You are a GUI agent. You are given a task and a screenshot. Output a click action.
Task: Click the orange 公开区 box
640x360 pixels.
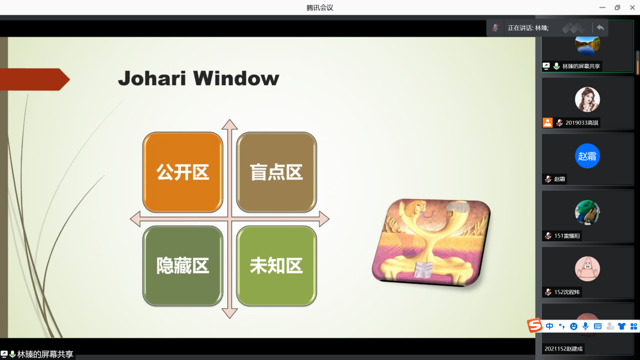click(x=182, y=172)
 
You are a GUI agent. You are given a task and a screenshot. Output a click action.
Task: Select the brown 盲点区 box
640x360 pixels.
click(x=276, y=172)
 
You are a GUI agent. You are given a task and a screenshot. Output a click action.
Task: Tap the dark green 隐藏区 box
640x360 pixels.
click(x=182, y=266)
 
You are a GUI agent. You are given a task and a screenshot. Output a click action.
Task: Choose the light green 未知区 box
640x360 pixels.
click(x=276, y=266)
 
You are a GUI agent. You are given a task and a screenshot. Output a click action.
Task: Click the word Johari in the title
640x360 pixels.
click(x=152, y=78)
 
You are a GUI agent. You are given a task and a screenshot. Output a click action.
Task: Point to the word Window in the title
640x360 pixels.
click(x=236, y=78)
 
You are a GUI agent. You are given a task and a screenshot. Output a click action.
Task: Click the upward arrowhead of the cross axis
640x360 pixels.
click(x=229, y=125)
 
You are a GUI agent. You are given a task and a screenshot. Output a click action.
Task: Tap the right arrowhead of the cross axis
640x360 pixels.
click(x=324, y=219)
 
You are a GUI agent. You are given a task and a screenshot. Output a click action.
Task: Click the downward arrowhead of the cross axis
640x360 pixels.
click(x=229, y=314)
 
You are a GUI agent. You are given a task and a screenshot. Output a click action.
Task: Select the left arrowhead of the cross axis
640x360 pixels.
click(x=135, y=219)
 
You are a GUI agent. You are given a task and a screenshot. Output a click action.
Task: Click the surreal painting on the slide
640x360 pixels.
click(x=431, y=242)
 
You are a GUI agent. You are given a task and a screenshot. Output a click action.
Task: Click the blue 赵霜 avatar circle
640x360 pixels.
click(x=587, y=156)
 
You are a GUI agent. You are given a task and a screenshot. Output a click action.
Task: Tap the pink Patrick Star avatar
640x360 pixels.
click(x=587, y=269)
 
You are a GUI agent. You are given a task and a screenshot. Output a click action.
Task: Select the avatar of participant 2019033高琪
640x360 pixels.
click(x=587, y=99)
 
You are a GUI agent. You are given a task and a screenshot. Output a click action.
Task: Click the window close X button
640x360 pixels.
click(x=632, y=8)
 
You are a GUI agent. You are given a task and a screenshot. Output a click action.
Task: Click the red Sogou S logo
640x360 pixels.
click(x=534, y=325)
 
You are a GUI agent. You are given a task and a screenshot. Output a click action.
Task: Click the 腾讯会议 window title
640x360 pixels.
click(x=320, y=8)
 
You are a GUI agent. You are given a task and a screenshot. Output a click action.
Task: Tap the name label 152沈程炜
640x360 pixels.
click(x=567, y=292)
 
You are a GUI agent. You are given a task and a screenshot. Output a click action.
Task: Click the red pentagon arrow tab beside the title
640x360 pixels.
click(x=35, y=79)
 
